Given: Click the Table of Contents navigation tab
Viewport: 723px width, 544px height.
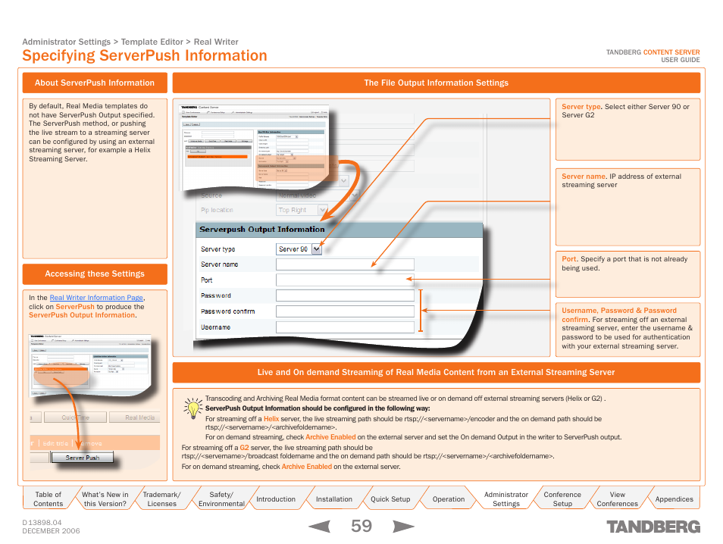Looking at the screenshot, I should point(49,499).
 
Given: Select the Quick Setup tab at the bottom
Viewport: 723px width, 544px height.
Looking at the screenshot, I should point(390,499).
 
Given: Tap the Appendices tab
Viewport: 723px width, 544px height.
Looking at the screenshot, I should point(674,499).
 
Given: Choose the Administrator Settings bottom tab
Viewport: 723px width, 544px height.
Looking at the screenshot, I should point(505,499).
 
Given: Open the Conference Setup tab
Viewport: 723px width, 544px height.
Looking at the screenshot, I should point(562,499).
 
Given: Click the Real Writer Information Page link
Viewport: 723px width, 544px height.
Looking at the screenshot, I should point(96,298).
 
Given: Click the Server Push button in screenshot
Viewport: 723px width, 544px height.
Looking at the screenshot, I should point(82,458).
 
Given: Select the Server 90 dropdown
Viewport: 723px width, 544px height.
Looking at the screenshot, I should point(299,249).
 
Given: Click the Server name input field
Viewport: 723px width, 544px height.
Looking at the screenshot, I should point(345,264).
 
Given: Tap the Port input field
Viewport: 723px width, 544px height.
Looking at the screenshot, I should point(345,280).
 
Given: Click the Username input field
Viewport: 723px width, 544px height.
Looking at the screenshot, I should point(345,327).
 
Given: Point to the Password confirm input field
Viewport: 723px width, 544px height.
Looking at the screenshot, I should point(345,311).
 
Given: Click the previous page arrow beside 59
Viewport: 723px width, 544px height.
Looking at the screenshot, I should point(319,526).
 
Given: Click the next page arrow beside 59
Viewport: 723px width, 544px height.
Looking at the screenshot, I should point(404,526).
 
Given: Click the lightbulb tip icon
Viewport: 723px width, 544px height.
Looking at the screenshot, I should point(193,408).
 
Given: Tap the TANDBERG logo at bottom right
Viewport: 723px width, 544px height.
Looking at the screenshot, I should point(653,527).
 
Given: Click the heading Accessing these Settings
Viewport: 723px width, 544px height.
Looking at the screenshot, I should point(95,274).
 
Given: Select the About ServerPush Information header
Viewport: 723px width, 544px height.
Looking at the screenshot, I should point(95,83).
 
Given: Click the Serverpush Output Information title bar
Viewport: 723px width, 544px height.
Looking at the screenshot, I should point(339,229).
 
